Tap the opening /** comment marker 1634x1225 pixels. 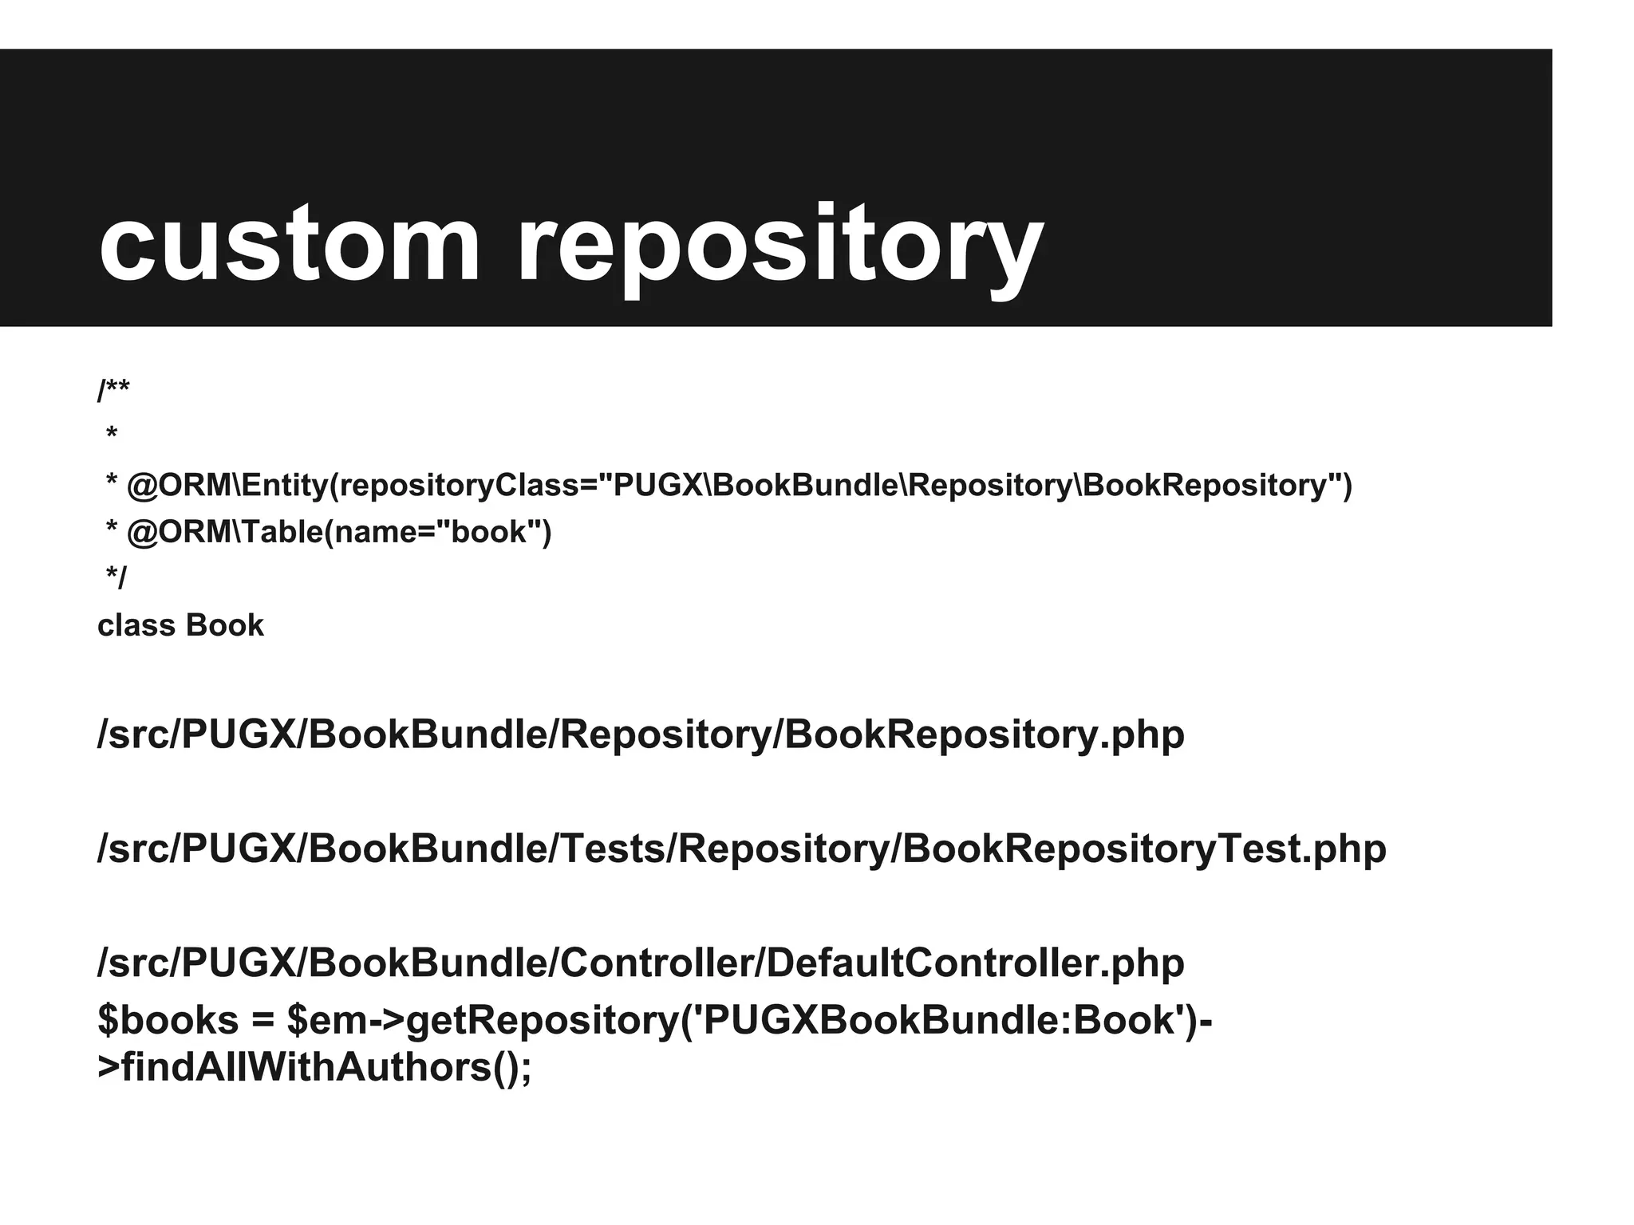coord(113,391)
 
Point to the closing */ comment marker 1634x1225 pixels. coord(116,577)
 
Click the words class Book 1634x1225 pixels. coord(180,625)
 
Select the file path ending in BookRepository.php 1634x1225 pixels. coord(641,735)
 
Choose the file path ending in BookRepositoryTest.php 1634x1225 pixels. coord(742,849)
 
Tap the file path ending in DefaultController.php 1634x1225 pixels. coord(641,963)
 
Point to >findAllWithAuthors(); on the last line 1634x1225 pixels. coord(314,1067)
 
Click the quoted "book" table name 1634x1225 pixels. coord(490,532)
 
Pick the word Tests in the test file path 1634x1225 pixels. coord(614,849)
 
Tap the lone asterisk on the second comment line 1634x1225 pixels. coord(112,434)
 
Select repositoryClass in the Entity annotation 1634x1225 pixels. coord(460,486)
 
